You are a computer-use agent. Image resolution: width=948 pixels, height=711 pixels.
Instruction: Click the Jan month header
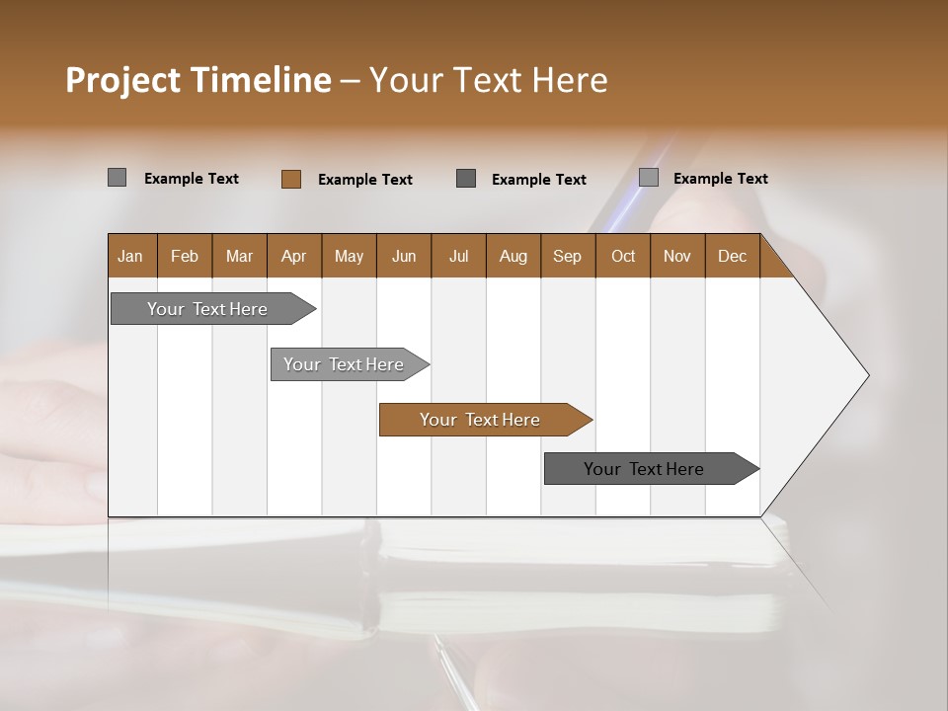pos(131,256)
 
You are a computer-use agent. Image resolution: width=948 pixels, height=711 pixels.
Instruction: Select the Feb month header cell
pos(185,256)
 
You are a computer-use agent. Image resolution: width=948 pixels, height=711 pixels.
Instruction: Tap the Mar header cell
pos(239,256)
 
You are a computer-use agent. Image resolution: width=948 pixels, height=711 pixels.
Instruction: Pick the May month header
pos(349,256)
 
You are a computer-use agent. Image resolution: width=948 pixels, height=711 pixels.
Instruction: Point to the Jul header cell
pos(458,256)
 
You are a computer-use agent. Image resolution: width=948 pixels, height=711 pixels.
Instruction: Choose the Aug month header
pos(513,256)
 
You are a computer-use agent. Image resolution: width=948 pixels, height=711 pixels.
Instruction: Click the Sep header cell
pos(568,256)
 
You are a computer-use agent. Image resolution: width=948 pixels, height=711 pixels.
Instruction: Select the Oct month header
pos(623,256)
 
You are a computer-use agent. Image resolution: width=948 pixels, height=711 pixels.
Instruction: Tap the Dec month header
pos(733,256)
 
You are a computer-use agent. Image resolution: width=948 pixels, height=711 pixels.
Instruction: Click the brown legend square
pos(291,179)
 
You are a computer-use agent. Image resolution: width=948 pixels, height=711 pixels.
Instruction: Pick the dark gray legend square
pos(466,178)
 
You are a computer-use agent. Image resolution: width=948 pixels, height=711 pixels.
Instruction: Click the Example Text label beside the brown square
pos(365,180)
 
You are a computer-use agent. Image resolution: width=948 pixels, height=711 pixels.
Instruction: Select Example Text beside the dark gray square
pos(539,180)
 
